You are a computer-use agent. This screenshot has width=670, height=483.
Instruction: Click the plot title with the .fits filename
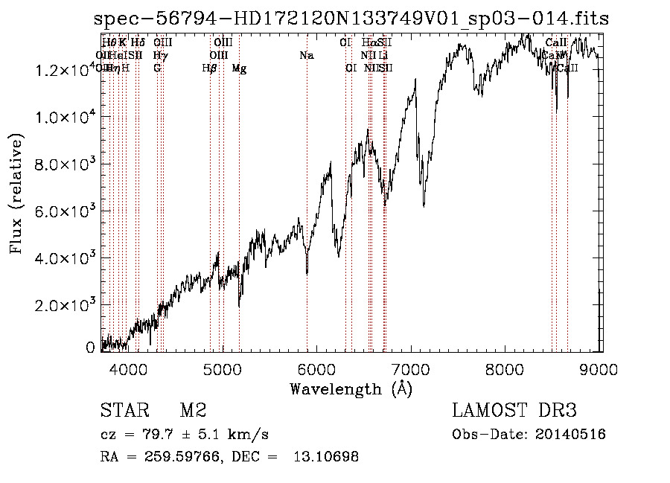click(x=351, y=19)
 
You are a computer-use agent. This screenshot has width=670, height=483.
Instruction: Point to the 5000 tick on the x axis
click(x=223, y=368)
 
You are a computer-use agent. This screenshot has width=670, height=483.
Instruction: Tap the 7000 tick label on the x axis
click(x=412, y=368)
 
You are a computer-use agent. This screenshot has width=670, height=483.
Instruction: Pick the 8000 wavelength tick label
click(x=506, y=368)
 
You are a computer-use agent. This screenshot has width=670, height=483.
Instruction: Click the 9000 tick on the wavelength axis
click(x=601, y=368)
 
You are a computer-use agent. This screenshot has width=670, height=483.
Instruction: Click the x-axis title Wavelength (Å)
click(x=351, y=388)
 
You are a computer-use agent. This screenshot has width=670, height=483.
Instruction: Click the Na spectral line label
click(x=306, y=55)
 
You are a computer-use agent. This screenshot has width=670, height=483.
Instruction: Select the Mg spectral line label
click(x=239, y=68)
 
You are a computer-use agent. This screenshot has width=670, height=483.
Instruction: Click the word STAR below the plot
click(x=121, y=411)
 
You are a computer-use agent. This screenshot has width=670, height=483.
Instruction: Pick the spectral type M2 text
click(x=193, y=411)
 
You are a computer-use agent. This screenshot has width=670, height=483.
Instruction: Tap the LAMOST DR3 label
click(x=514, y=411)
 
